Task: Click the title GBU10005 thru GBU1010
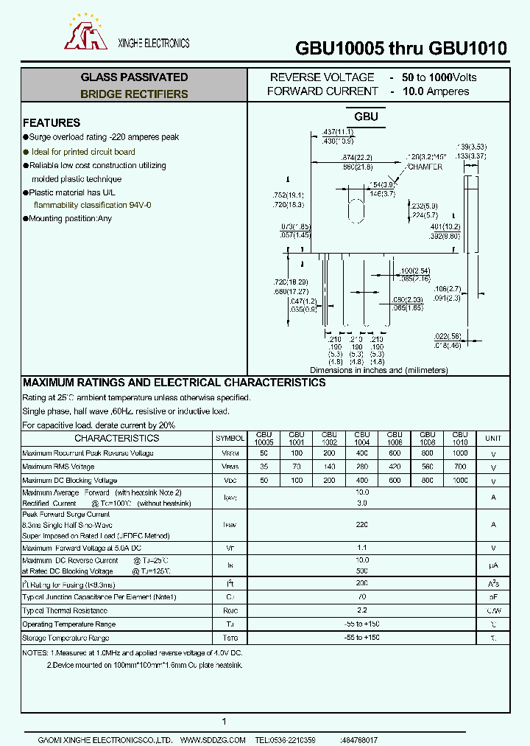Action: tap(401, 49)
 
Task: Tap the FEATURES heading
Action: tap(52, 123)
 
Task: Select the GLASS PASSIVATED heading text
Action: tap(134, 77)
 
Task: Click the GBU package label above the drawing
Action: tap(366, 116)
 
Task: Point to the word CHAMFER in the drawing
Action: tap(425, 167)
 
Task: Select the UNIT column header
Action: tap(492, 438)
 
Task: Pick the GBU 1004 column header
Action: tap(362, 438)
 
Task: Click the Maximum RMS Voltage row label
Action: tap(59, 467)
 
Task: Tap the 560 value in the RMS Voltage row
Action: tap(427, 467)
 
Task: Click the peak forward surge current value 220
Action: tap(362, 524)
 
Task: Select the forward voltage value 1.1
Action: tap(362, 548)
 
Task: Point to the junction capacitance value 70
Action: tap(362, 596)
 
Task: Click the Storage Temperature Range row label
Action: tap(66, 638)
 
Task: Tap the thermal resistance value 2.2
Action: tap(362, 610)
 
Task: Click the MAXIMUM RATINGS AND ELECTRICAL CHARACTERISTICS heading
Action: tap(174, 383)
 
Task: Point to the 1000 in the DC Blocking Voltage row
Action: tap(460, 480)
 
